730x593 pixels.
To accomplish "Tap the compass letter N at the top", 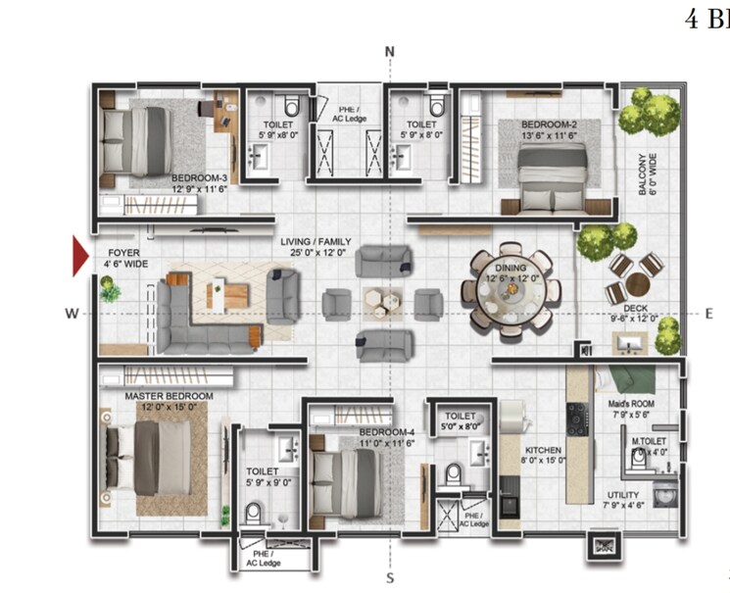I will coord(389,52).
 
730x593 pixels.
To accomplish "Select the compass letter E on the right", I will coord(708,313).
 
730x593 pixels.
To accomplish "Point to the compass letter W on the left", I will coord(72,314).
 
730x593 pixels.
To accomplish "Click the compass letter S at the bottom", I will coord(389,576).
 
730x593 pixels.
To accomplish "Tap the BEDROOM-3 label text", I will coord(199,177).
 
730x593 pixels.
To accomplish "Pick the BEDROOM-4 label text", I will coord(385,432).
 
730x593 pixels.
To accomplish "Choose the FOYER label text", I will coord(122,252).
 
